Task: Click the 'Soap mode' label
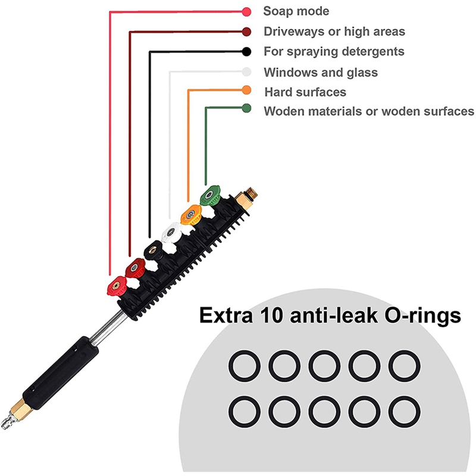[296, 11]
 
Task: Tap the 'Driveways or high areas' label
[334, 32]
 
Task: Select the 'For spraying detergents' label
[334, 52]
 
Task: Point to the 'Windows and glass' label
[321, 73]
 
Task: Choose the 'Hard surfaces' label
[305, 92]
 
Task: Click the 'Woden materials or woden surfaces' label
[369, 111]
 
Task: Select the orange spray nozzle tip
[191, 213]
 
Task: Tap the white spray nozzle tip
[173, 230]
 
